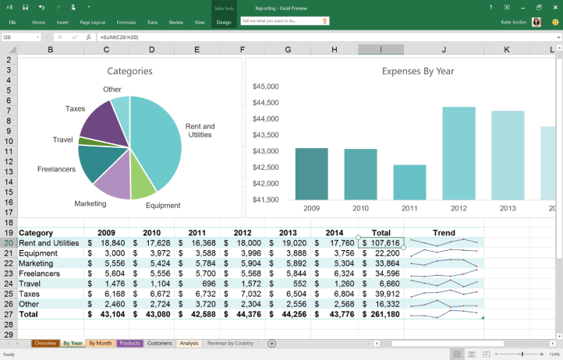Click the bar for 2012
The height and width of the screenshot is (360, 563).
click(x=459, y=154)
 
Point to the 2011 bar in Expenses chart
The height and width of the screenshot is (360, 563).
click(x=409, y=182)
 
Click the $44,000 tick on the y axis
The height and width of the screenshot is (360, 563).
click(x=266, y=118)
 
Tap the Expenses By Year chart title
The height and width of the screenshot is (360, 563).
click(x=418, y=71)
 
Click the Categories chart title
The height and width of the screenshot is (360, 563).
click(x=129, y=71)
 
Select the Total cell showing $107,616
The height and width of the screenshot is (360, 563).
click(x=381, y=243)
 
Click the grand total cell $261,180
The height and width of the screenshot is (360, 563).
click(x=381, y=315)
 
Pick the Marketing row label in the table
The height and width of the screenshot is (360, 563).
click(x=36, y=263)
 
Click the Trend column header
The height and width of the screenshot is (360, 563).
click(x=444, y=232)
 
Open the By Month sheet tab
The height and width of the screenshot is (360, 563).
click(x=100, y=343)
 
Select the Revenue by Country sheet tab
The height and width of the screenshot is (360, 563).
click(x=230, y=343)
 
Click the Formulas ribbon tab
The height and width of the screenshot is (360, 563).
click(x=126, y=23)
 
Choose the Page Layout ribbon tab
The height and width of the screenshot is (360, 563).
click(x=93, y=23)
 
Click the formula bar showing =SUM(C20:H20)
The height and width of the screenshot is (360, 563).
click(x=234, y=37)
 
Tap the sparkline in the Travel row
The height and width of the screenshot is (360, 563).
click(x=444, y=284)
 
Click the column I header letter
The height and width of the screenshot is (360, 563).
click(x=381, y=50)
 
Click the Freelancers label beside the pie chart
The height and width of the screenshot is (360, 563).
click(x=56, y=169)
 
